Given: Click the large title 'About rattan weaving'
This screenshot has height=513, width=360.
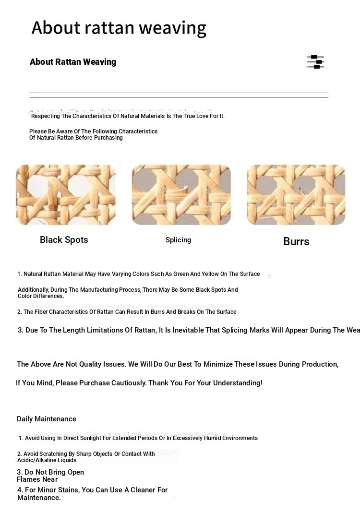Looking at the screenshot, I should (x=119, y=28).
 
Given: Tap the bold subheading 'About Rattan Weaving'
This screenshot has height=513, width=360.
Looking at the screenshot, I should (x=73, y=62).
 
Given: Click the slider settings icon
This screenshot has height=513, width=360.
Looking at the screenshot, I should (x=315, y=62).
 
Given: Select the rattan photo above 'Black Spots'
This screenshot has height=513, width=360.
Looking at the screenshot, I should (x=66, y=195).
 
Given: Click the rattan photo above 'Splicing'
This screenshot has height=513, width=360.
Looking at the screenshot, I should (x=181, y=195).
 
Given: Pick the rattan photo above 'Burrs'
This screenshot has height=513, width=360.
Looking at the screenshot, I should (x=296, y=195).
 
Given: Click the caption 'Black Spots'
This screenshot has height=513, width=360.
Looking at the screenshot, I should (x=64, y=240).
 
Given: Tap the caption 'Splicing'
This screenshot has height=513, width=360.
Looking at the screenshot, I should (x=178, y=240).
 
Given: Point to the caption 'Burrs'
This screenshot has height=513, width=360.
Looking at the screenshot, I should (x=296, y=241).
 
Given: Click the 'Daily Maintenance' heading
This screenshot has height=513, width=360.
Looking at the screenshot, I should (x=47, y=419).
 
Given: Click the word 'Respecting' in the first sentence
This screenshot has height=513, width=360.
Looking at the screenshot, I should (x=45, y=116).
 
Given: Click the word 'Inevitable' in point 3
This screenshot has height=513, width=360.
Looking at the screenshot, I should (x=187, y=330).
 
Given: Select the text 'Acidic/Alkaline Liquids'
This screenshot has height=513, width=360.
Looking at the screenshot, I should (x=47, y=460).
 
